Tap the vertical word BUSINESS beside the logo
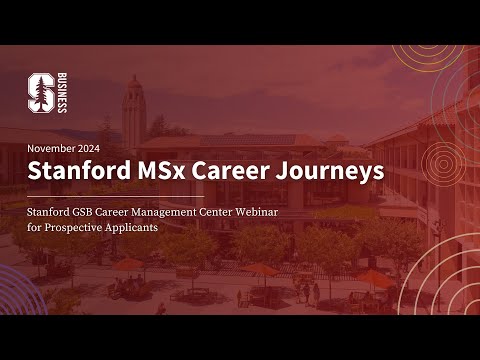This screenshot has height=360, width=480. point(62,93)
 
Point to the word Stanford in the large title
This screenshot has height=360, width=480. point(75,171)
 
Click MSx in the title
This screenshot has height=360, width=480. point(161,171)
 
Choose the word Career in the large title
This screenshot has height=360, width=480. point(236,171)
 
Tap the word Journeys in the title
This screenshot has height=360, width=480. point(333,171)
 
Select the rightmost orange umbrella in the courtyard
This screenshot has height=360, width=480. point(376,278)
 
